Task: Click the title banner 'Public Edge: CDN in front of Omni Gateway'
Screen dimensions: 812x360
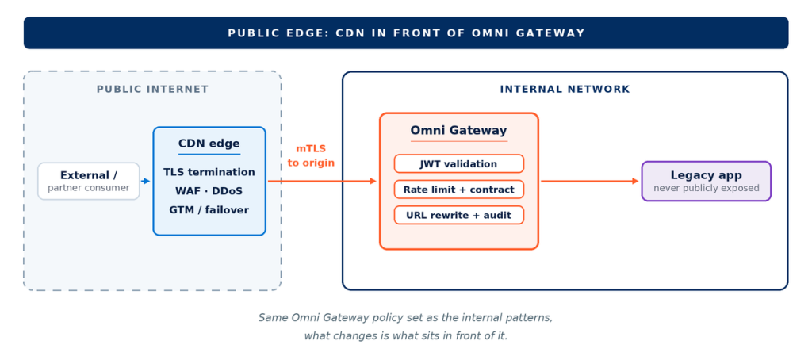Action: point(406,33)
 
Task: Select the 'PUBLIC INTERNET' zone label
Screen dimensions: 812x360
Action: point(153,89)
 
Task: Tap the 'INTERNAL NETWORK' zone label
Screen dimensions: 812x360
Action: point(565,89)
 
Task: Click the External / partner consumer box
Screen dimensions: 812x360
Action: point(89,181)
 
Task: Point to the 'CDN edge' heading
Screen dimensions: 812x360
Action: point(209,144)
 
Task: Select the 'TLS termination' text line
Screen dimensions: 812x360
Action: point(209,172)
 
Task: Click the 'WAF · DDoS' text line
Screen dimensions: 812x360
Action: point(209,191)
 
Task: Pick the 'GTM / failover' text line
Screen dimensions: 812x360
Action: point(209,210)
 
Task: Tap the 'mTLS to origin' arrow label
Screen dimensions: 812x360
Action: point(311,156)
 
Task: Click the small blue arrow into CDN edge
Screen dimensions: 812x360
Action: point(146,182)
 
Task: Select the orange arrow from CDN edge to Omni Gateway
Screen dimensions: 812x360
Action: point(322,182)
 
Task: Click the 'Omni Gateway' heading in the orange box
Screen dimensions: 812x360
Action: point(459,131)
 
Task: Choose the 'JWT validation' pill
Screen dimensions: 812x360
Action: point(459,163)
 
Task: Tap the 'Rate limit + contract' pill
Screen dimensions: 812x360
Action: point(459,190)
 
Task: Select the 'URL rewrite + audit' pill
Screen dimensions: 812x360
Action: point(459,215)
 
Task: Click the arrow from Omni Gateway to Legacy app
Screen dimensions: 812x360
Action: point(589,182)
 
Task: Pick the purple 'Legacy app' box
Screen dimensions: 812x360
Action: point(707,182)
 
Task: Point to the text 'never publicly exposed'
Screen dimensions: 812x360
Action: point(707,188)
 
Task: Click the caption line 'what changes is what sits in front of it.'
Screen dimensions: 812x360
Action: point(406,335)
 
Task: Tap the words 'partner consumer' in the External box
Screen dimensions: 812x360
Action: point(89,188)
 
